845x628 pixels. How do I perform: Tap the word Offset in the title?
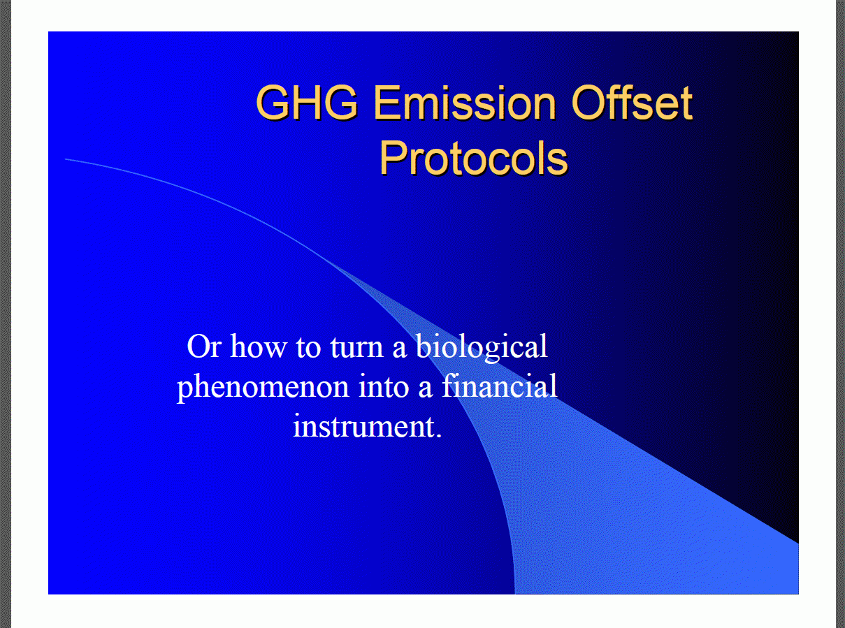pyautogui.click(x=632, y=103)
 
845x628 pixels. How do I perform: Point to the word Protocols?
pyautogui.click(x=473, y=158)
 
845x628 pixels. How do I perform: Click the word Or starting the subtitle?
pyautogui.click(x=204, y=347)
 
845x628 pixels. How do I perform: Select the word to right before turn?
pyautogui.click(x=308, y=347)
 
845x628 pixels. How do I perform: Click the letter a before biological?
pyautogui.click(x=400, y=349)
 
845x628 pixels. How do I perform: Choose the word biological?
pyautogui.click(x=482, y=347)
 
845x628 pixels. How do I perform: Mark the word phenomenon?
pyautogui.click(x=262, y=387)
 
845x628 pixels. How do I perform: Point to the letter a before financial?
pyautogui.click(x=426, y=388)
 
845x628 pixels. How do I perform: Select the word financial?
pyautogui.click(x=499, y=386)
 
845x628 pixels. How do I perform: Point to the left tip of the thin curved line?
pyautogui.click(x=66, y=159)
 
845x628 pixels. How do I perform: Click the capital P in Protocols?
pyautogui.click(x=391, y=158)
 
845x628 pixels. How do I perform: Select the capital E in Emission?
pyautogui.click(x=393, y=103)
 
